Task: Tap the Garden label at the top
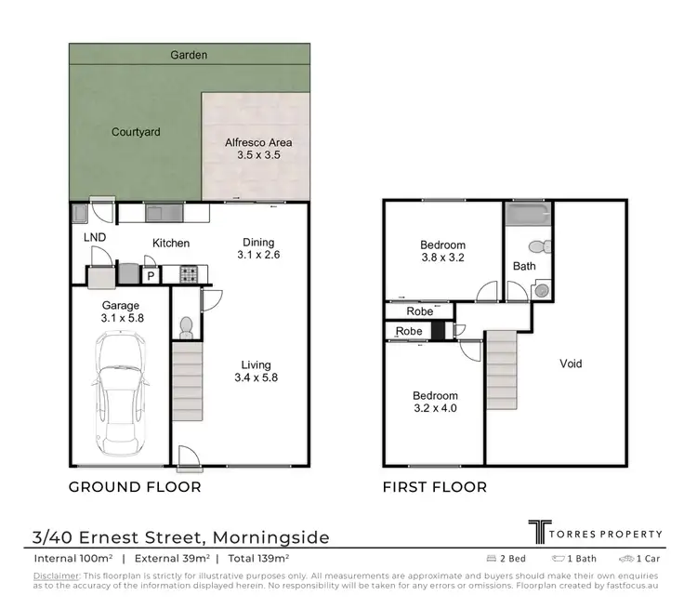(x=189, y=55)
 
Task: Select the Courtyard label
(x=136, y=132)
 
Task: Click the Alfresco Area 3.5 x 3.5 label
(x=259, y=149)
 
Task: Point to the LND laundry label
(x=95, y=238)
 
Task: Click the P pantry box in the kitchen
(x=150, y=275)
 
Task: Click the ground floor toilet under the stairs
(x=185, y=326)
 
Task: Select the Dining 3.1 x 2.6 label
(x=259, y=247)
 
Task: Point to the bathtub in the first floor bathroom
(x=528, y=216)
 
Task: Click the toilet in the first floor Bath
(x=535, y=248)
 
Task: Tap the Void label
(x=571, y=363)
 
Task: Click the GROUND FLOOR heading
(x=136, y=486)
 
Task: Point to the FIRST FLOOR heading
(x=435, y=486)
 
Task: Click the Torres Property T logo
(x=538, y=532)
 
